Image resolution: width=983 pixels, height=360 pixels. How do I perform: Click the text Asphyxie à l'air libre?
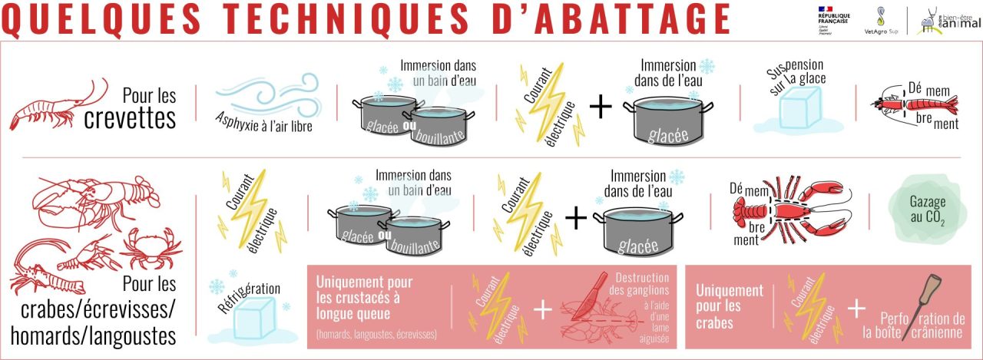[268, 126]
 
